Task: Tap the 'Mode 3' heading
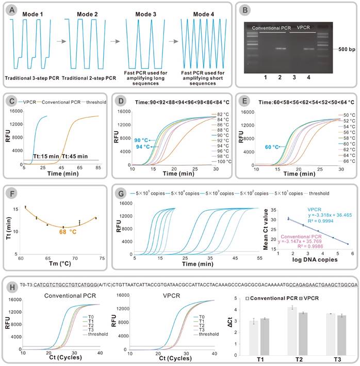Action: click(143, 13)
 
